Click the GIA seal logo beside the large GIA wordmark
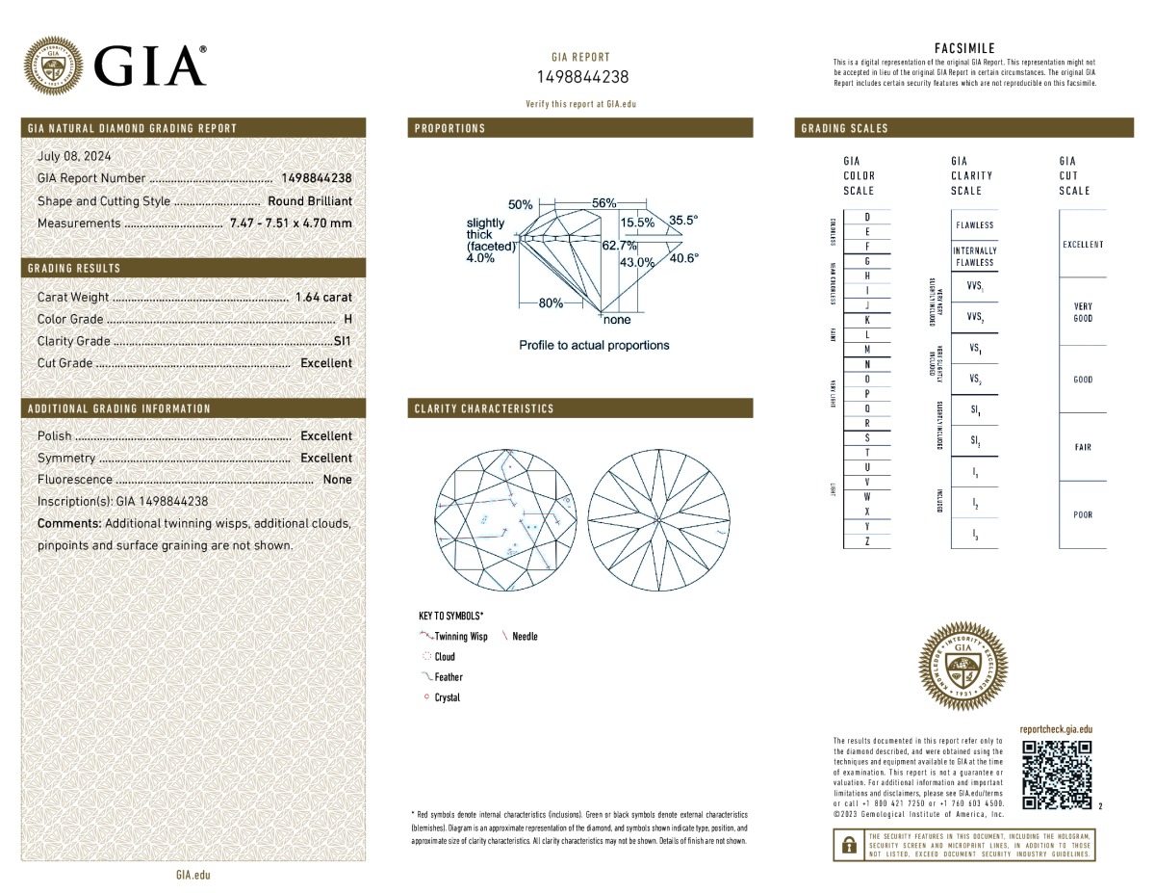pos(53,66)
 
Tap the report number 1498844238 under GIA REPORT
pos(581,77)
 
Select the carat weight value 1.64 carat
pos(323,298)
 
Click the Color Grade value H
pos(347,319)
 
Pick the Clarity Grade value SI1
pos(343,341)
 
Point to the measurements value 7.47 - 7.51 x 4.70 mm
pos(291,223)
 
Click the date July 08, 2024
pos(74,156)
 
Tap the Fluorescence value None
pos(337,480)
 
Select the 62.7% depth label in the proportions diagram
pos(619,246)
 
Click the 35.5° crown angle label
pos(683,221)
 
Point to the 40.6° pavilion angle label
pos(683,258)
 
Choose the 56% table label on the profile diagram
pos(603,203)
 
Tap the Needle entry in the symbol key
pos(525,637)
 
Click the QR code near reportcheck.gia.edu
pos(1056,774)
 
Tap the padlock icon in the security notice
pos(848,845)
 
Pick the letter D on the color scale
pos(867,217)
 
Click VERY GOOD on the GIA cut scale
pos(1082,312)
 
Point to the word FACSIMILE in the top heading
pos(964,48)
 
